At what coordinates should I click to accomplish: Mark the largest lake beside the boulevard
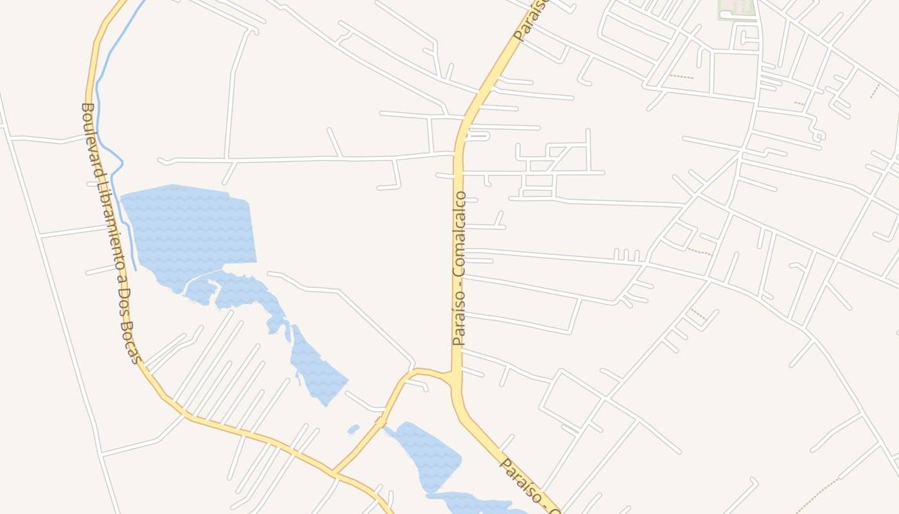point(193,231)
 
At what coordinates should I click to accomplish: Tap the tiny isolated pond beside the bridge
point(353,429)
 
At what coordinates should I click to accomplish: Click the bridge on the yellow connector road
point(381,422)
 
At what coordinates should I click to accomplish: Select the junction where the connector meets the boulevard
point(335,475)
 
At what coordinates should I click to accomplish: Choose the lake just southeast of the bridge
point(430,456)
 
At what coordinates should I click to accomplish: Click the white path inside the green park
point(729,13)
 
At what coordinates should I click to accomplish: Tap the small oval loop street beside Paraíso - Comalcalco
point(478,136)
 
